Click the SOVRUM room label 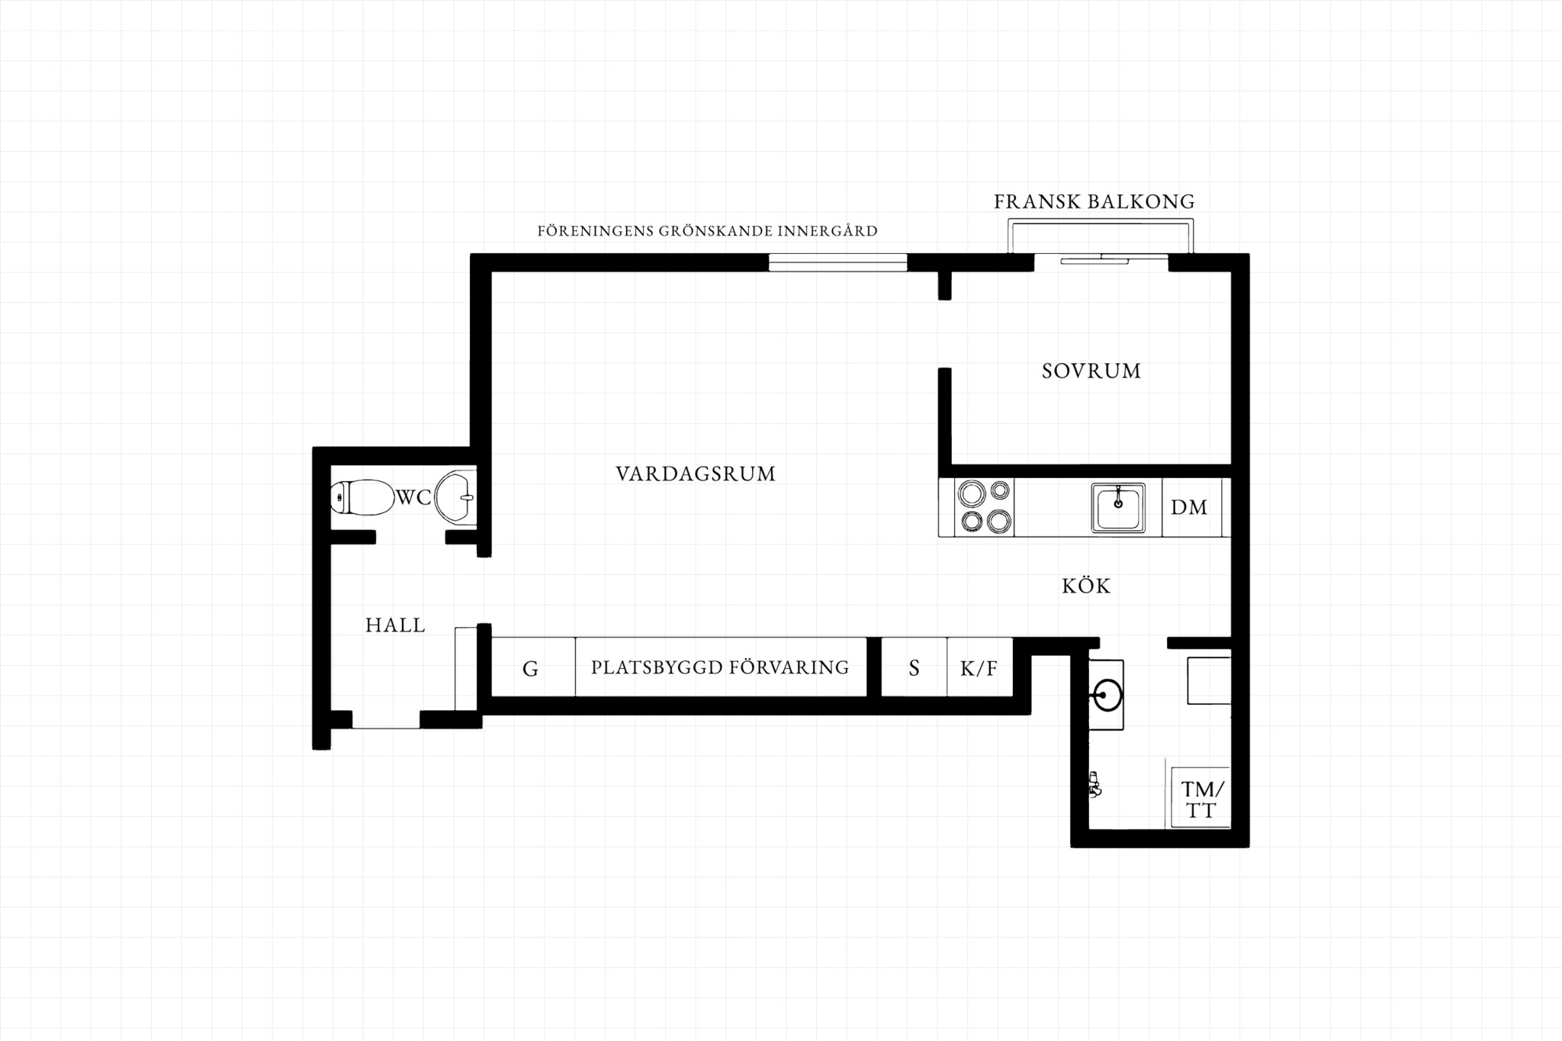coord(1091,371)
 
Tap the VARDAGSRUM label coord(696,474)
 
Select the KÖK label coord(1086,586)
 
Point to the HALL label coord(395,625)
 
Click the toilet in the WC coord(362,497)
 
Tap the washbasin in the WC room coord(455,498)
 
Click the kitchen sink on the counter coord(1118,507)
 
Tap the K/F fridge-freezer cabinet coord(980,667)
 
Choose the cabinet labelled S coord(914,667)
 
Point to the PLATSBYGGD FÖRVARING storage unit coord(721,667)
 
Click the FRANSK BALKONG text coord(1094,202)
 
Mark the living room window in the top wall coord(837,262)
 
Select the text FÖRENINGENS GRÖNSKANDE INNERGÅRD coord(707,231)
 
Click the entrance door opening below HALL coord(386,720)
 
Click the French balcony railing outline coord(1101,220)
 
